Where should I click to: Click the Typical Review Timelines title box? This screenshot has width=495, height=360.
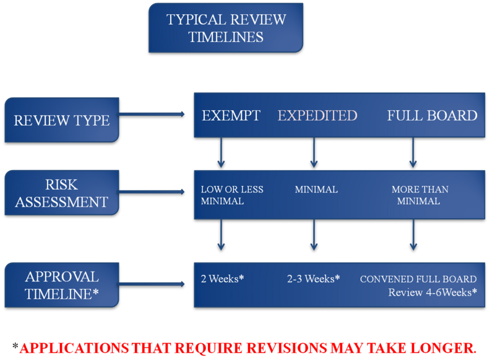[226, 28]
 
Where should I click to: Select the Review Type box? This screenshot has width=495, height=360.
[61, 119]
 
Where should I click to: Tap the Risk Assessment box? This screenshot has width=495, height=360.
[61, 194]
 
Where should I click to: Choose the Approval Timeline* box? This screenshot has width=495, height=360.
[61, 285]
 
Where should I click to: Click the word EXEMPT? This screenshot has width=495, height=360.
[231, 116]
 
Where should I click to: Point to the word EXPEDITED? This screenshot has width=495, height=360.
[317, 116]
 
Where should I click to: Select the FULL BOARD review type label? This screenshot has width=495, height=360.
[432, 116]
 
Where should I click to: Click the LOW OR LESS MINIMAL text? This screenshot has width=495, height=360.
[232, 195]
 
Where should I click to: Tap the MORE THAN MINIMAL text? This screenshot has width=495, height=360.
[420, 195]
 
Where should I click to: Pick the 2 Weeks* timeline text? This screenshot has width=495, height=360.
[222, 279]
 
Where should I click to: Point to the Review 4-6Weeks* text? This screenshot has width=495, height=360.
[433, 292]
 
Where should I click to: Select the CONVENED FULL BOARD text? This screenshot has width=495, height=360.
[418, 279]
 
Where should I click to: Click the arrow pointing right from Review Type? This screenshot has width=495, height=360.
[152, 114]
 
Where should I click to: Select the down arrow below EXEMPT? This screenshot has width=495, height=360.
[220, 152]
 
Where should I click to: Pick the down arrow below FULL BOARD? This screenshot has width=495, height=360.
[413, 152]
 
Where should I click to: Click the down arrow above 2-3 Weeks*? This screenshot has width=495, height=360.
[314, 235]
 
